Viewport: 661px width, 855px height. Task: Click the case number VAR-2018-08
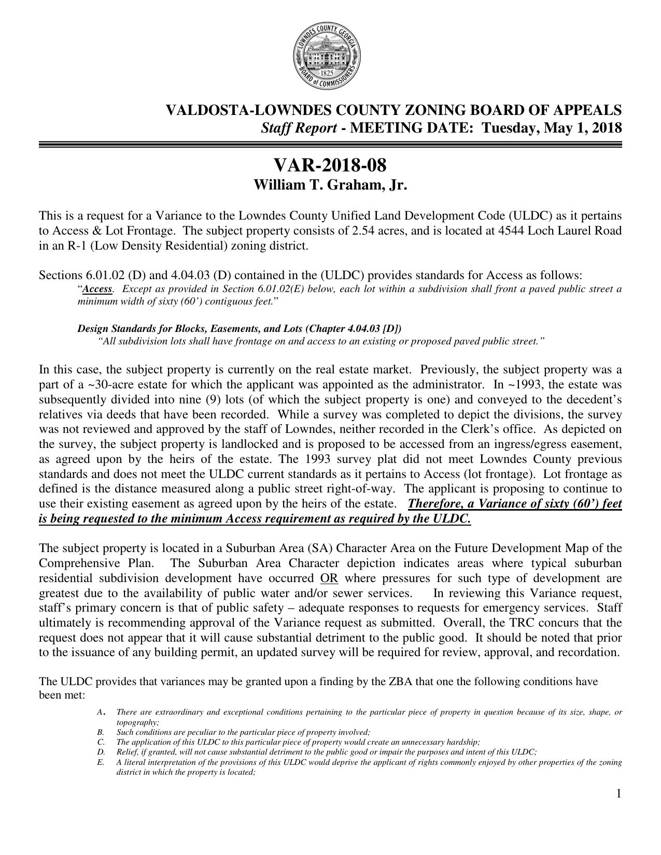(330, 166)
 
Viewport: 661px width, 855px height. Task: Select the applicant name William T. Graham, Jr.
(330, 185)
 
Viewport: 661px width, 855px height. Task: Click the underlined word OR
(329, 578)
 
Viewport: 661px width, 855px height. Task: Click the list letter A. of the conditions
(101, 713)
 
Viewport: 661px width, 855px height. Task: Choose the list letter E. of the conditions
(100, 762)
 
